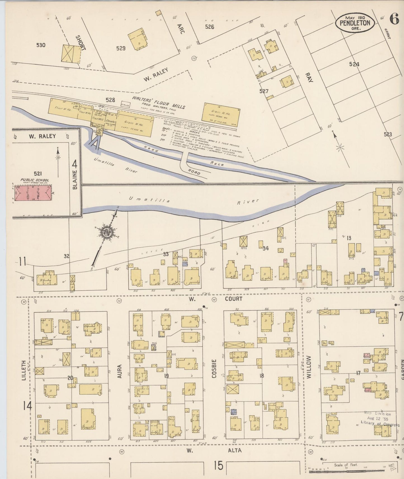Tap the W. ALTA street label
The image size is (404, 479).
[214, 450]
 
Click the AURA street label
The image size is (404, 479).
[119, 371]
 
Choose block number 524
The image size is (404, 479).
[354, 64]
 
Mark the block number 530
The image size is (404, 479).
[41, 45]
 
